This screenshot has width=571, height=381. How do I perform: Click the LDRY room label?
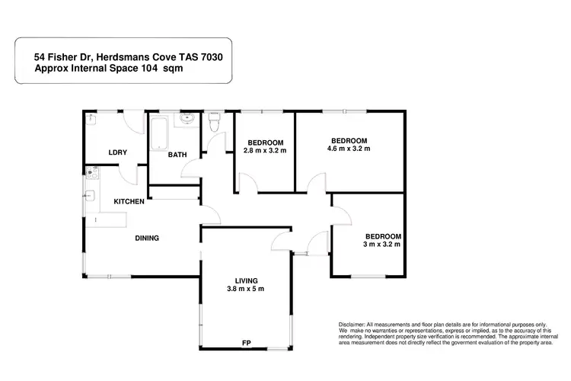point(117,152)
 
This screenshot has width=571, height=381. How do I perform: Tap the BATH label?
point(177,155)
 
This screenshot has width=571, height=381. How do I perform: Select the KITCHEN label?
point(129,202)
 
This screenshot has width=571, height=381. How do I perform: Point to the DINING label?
point(147,238)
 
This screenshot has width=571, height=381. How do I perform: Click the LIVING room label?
point(245,280)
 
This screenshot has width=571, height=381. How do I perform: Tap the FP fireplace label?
point(246,342)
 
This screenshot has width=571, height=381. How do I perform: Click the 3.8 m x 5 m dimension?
point(245,290)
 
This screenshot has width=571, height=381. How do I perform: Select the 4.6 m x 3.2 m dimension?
point(349,149)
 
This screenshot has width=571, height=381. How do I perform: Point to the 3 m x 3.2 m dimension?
point(382,245)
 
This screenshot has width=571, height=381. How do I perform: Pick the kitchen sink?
point(91,196)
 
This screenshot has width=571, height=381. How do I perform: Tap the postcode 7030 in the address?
point(209,56)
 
